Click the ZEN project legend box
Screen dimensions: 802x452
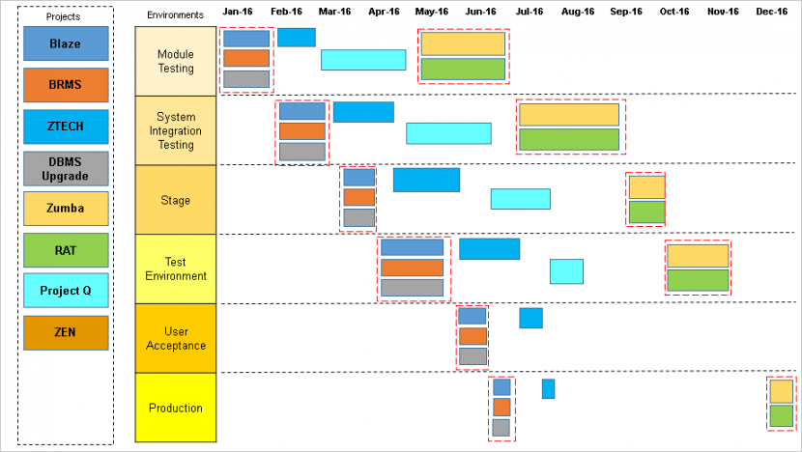pyautogui.click(x=66, y=333)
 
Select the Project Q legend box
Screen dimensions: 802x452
pyautogui.click(x=66, y=291)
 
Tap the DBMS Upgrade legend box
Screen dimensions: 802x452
pyautogui.click(x=66, y=169)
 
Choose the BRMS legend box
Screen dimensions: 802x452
pyautogui.click(x=66, y=85)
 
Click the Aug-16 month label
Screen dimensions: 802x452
pyautogui.click(x=578, y=12)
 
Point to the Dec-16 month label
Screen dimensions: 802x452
pyautogui.click(x=771, y=12)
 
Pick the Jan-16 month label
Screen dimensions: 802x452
pyautogui.click(x=238, y=12)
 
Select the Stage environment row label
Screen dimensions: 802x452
pyautogui.click(x=176, y=200)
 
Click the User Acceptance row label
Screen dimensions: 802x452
pyautogui.click(x=176, y=338)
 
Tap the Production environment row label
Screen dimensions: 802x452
pyautogui.click(x=176, y=408)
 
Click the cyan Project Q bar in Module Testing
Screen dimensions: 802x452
pyautogui.click(x=363, y=60)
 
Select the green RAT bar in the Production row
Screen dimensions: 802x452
pyautogui.click(x=781, y=416)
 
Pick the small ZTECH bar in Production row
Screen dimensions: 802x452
pyautogui.click(x=548, y=389)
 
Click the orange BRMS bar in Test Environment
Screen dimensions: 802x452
pyautogui.click(x=412, y=268)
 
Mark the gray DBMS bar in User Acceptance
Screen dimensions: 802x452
pyautogui.click(x=473, y=356)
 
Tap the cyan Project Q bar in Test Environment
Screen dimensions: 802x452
pyautogui.click(x=567, y=271)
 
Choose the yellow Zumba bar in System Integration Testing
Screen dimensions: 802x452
pyautogui.click(x=569, y=115)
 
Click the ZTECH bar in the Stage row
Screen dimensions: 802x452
pyautogui.click(x=426, y=180)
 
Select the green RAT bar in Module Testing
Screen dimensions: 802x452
pyautogui.click(x=463, y=69)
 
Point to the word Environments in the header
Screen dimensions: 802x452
pyautogui.click(x=176, y=14)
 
